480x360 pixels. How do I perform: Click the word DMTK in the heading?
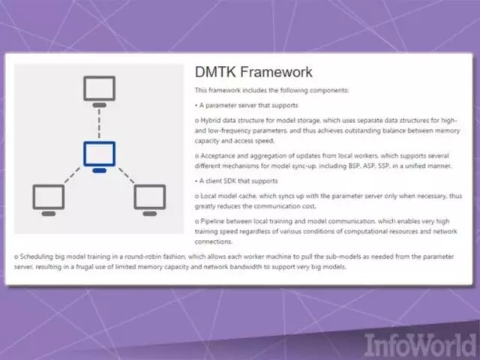[215, 72]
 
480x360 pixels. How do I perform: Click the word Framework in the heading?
[276, 72]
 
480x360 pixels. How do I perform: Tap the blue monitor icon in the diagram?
[100, 157]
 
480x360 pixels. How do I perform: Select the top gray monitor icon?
[100, 91]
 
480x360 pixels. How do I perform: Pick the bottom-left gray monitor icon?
[49, 200]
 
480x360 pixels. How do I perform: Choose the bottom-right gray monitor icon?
[150, 200]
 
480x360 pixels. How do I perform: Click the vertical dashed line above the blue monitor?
[99, 124]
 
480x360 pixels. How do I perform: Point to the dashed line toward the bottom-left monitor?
[72, 175]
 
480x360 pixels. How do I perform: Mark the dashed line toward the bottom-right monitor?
[127, 175]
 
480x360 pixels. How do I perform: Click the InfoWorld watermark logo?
[420, 345]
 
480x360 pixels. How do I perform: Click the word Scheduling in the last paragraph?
[36, 256]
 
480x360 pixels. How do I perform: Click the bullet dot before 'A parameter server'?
[196, 106]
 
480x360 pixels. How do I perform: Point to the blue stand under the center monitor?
[100, 170]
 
